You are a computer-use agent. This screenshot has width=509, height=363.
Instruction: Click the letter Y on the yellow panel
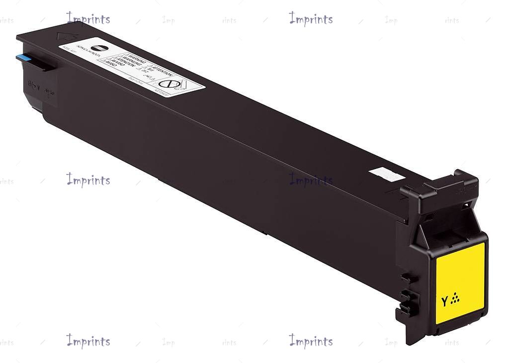tap(444, 301)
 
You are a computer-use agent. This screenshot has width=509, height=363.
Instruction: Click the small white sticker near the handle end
tap(382, 174)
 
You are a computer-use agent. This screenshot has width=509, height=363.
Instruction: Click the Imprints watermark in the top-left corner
tap(88, 19)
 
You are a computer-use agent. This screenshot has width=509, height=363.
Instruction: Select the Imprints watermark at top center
tap(311, 19)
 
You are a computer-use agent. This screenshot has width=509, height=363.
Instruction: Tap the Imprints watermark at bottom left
tap(88, 341)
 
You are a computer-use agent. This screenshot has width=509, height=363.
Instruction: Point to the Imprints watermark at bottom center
tap(311, 341)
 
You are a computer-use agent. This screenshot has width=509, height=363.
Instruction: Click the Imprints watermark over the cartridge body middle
tap(311, 180)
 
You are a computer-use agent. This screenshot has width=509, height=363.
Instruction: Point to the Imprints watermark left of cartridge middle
tap(88, 180)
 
